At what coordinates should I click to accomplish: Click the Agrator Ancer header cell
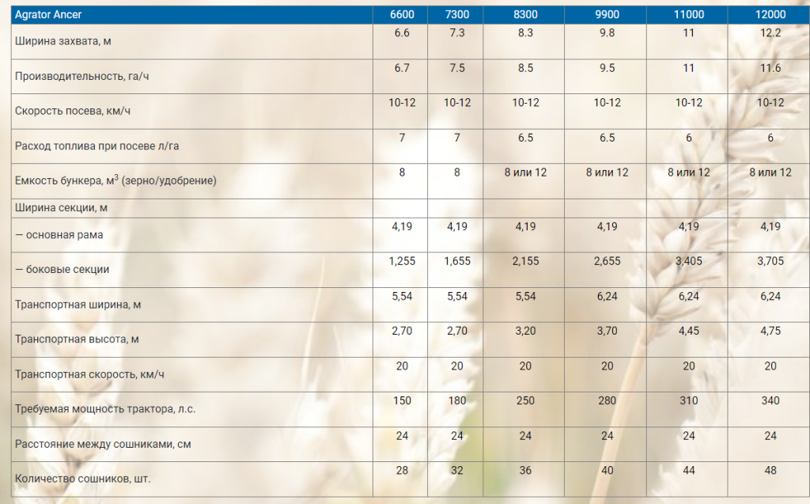pyautogui.click(x=48, y=14)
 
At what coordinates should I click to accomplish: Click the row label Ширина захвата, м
pyautogui.click(x=63, y=41)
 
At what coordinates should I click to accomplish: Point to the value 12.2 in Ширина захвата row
pyautogui.click(x=770, y=33)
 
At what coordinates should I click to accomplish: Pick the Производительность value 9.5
pyautogui.click(x=607, y=68)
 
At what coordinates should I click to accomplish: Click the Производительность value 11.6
pyautogui.click(x=770, y=68)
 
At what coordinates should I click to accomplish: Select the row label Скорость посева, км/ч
pyautogui.click(x=73, y=111)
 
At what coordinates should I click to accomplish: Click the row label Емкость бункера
pyautogui.click(x=115, y=180)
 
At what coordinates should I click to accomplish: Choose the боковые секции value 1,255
pyautogui.click(x=402, y=261)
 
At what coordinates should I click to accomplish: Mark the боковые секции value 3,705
pyautogui.click(x=770, y=261)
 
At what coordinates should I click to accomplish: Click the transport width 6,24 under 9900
pyautogui.click(x=607, y=296)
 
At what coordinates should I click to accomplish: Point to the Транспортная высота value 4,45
pyautogui.click(x=688, y=331)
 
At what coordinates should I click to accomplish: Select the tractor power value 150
pyautogui.click(x=402, y=400)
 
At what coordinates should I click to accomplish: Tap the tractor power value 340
pyautogui.click(x=770, y=400)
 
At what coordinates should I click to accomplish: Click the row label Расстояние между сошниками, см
pyautogui.click(x=103, y=444)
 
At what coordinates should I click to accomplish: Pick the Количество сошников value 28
pyautogui.click(x=402, y=470)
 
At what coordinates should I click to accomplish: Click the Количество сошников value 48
pyautogui.click(x=770, y=470)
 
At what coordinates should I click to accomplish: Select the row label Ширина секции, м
pyautogui.click(x=59, y=208)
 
